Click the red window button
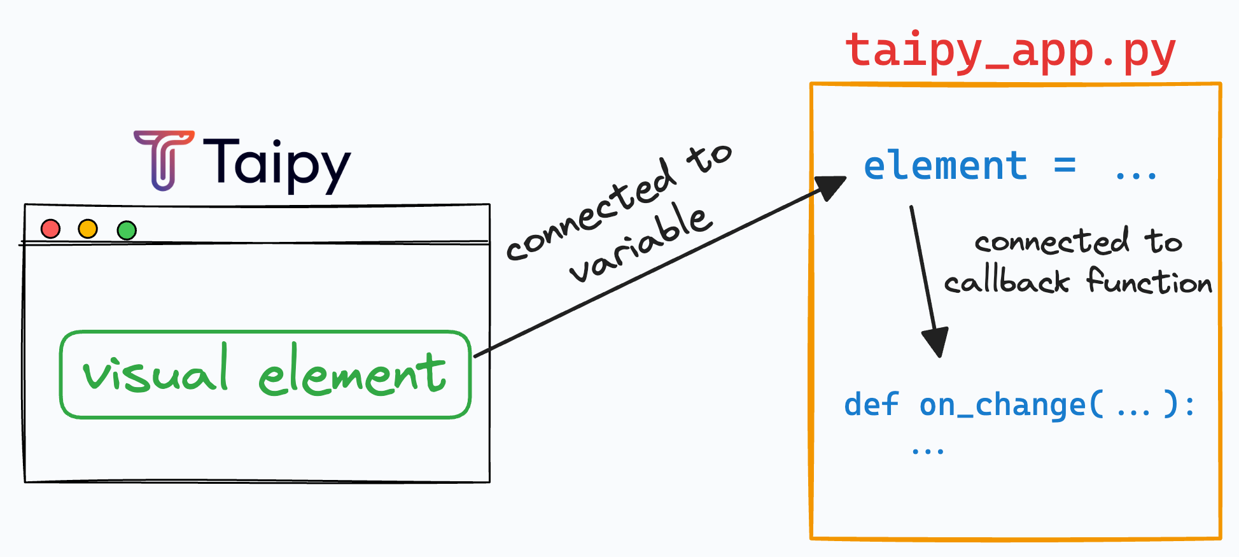50,229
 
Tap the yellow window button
88,229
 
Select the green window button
127,230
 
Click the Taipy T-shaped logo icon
164,160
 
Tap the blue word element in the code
945,166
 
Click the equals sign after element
1065,167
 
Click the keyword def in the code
871,405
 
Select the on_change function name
1002,405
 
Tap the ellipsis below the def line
927,451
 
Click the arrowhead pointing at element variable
830,187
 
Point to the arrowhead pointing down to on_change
935,342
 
